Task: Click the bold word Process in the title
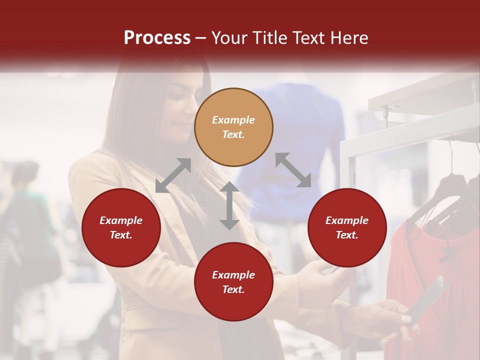coord(157,38)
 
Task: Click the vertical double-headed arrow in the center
coord(229,205)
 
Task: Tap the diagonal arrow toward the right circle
coord(293,170)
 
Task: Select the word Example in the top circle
coord(233,120)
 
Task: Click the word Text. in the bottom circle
coord(233,289)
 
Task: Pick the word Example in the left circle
coord(121,220)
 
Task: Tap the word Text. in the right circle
coord(347,235)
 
